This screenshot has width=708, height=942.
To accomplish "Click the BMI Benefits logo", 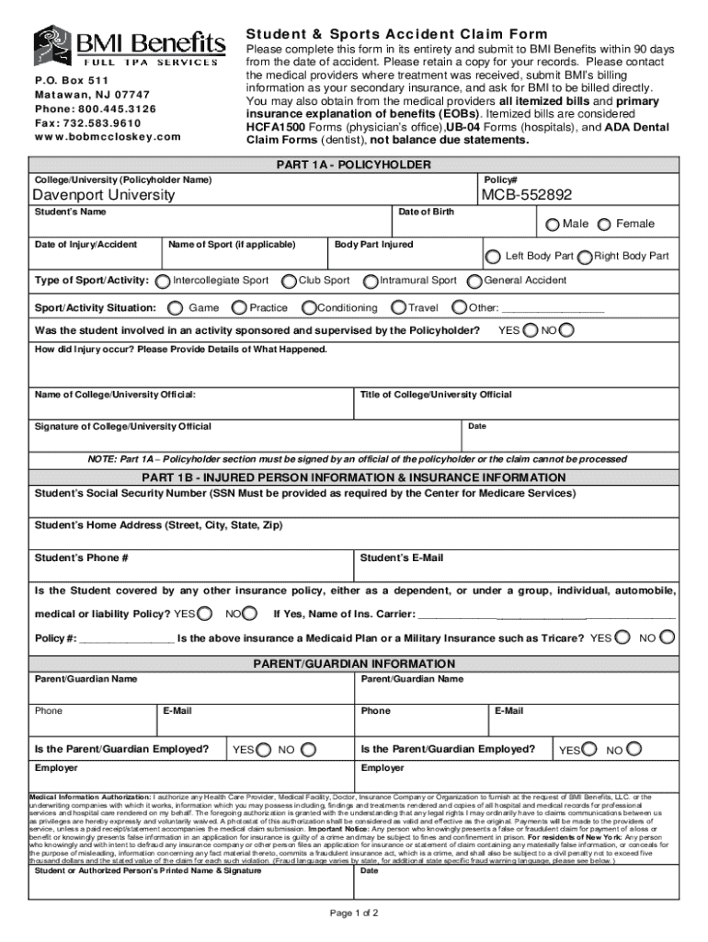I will coord(129,45).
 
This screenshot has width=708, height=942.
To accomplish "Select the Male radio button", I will coord(552,224).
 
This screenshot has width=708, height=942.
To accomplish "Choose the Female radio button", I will coord(605,224).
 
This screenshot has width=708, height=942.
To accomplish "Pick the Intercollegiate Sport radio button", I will coord(163,281).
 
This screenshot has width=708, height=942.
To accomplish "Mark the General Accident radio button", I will coord(475,281).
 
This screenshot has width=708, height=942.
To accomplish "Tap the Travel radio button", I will coord(399,308).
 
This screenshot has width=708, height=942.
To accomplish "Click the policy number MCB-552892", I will coord(526,195).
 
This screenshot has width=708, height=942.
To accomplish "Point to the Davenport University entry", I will coord(103,195).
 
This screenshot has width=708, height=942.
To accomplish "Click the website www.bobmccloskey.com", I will coord(108,137).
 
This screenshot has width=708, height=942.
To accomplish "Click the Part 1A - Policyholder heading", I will coord(353,165).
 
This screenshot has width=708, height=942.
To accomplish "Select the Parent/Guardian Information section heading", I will coord(353,664).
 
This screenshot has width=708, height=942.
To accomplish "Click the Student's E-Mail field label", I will coord(402,558).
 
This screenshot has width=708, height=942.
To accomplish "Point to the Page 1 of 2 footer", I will coord(353,913).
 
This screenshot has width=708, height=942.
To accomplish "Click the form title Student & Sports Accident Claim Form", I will coord(396,34).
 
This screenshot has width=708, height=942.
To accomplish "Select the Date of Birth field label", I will coord(425,213).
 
